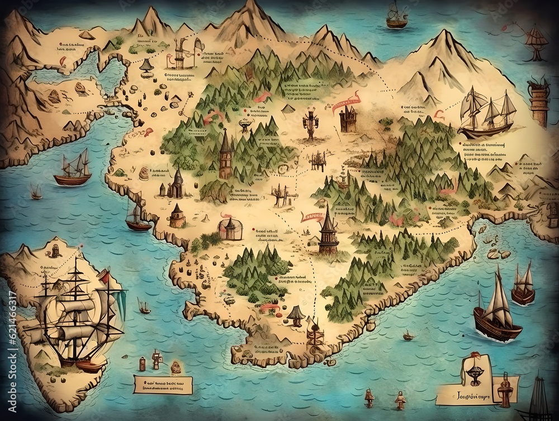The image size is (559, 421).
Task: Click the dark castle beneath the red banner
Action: (x=348, y=119)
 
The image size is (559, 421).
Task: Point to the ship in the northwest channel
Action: (x=73, y=168)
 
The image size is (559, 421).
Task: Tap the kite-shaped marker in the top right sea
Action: (x=536, y=40)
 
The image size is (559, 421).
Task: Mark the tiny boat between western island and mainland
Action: (x=144, y=306)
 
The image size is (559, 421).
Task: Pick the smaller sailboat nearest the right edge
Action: (x=523, y=286)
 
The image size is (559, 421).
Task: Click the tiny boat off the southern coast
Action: (x=409, y=336)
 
